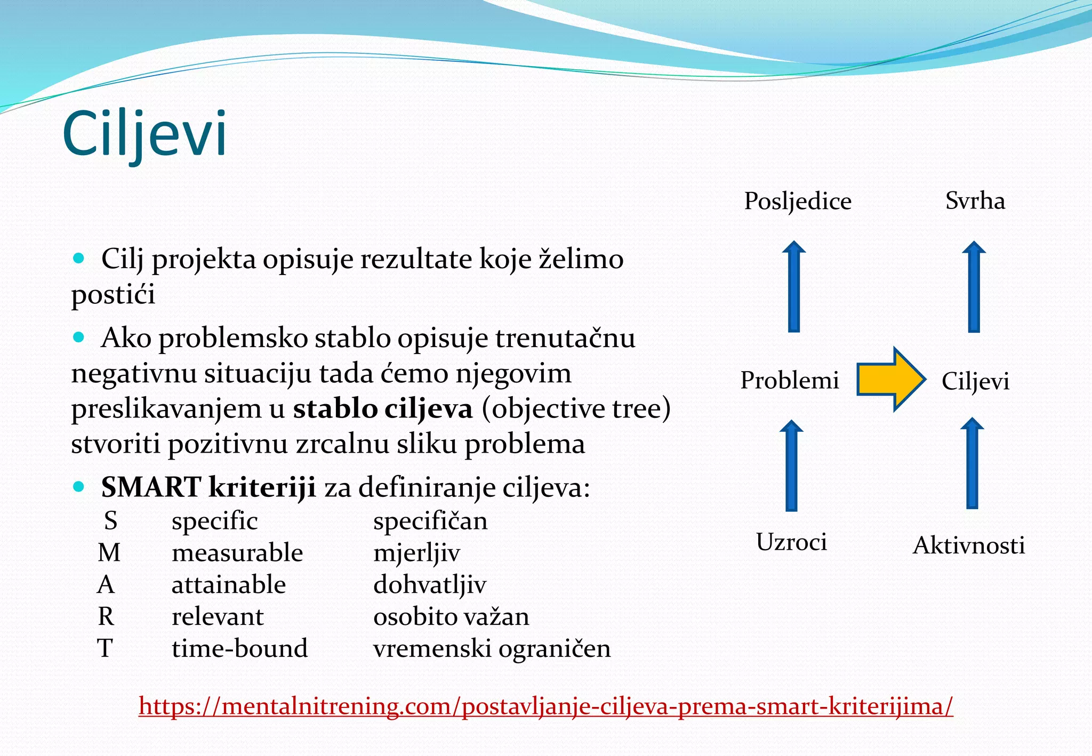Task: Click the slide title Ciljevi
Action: [x=144, y=133]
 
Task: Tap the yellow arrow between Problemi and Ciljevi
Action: [x=890, y=379]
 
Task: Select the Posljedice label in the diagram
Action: [x=797, y=201]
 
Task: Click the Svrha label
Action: [x=975, y=201]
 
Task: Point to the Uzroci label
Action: [x=791, y=542]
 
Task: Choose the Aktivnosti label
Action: [x=968, y=545]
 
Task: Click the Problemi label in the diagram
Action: [x=789, y=380]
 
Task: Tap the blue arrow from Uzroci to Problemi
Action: [x=792, y=466]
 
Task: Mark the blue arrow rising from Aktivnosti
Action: [x=972, y=464]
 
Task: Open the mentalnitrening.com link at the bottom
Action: [x=545, y=706]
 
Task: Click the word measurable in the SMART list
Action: [x=237, y=552]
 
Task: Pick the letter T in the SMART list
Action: [x=105, y=648]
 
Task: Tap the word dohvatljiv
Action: [x=429, y=584]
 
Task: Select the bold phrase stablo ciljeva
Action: [x=382, y=409]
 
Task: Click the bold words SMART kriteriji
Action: [x=208, y=487]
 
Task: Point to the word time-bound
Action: [x=239, y=648]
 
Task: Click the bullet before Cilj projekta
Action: [x=79, y=259]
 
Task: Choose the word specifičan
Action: [x=430, y=520]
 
